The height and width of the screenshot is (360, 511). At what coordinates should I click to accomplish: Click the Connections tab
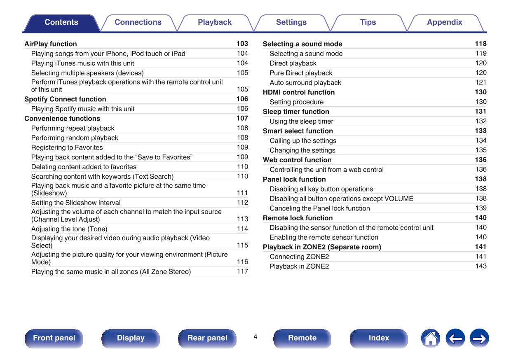138,23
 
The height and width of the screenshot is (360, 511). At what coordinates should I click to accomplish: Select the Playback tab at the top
215,23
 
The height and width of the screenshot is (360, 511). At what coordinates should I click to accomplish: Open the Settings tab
291,23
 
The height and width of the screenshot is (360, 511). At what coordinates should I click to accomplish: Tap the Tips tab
368,23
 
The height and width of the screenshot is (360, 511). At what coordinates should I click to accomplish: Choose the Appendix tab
445,23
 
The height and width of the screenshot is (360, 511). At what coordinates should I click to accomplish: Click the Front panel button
54,338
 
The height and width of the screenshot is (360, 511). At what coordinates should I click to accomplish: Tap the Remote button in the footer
302,338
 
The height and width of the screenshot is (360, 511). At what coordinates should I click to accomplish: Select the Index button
379,338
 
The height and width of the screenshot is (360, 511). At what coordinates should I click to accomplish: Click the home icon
430,339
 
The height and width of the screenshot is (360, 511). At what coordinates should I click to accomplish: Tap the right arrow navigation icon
479,339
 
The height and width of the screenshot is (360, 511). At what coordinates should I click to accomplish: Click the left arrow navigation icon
455,339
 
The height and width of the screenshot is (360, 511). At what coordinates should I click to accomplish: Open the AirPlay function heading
51,44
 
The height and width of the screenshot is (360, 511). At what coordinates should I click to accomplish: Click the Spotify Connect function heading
65,99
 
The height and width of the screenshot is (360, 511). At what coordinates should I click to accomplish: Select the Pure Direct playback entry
301,73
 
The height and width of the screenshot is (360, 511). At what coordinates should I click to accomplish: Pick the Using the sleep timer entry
301,122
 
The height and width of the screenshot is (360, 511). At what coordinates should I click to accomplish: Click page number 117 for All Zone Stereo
242,271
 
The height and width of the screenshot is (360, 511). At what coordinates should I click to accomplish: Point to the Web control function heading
297,160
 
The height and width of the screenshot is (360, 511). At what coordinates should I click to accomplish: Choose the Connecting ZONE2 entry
299,257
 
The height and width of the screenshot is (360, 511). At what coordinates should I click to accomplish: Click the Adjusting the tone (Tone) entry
69,229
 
